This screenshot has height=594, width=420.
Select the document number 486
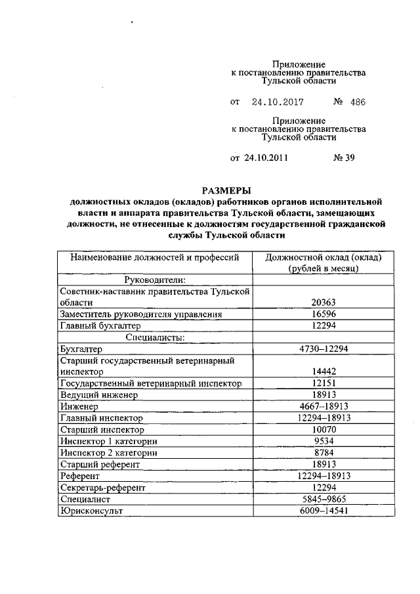(x=358, y=102)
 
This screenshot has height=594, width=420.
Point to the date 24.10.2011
(x=266, y=158)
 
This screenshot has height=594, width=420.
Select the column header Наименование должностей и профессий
(x=152, y=257)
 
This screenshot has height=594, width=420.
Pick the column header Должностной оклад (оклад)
(x=324, y=257)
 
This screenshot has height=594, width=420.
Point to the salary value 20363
(x=324, y=303)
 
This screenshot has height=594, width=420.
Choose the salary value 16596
(x=324, y=314)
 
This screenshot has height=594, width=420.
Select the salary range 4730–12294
(x=324, y=349)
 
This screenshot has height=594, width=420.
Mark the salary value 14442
(x=324, y=371)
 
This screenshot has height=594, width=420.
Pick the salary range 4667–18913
(x=324, y=406)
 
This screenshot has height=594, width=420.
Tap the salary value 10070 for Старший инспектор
(x=324, y=429)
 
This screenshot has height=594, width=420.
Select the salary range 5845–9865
(x=324, y=498)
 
